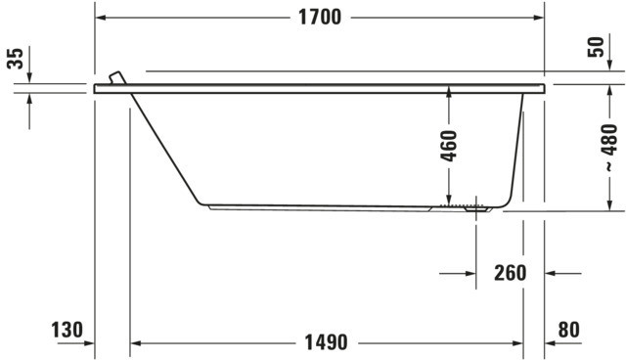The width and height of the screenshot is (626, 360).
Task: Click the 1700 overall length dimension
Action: [x=320, y=18]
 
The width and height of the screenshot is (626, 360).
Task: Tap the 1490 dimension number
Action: [x=326, y=342]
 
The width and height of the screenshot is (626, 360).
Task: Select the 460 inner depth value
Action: [x=449, y=146]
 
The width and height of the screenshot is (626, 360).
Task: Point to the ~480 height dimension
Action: [x=609, y=148]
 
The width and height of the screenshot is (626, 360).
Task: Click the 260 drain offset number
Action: [x=511, y=273]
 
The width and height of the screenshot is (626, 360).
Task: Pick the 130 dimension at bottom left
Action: [x=67, y=330]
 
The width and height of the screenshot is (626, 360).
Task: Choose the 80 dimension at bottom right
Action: [x=569, y=330]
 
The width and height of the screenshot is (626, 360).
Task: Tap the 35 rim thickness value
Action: [x=16, y=59]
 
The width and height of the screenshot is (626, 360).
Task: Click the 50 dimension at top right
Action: [x=596, y=47]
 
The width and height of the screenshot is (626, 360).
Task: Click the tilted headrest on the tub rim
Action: [x=117, y=77]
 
